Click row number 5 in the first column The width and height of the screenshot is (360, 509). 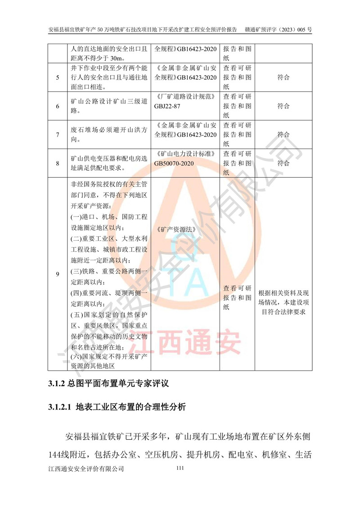pyautogui.click(x=58, y=77)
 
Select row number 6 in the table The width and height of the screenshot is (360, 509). pyautogui.click(x=58, y=106)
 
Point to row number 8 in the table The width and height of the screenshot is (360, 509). pyautogui.click(x=58, y=163)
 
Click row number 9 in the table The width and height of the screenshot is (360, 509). pyautogui.click(x=58, y=274)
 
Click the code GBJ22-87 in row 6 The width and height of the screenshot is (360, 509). pyautogui.click(x=171, y=106)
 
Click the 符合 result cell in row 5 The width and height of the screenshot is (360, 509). pyautogui.click(x=283, y=77)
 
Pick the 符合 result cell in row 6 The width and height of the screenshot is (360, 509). pyautogui.click(x=283, y=106)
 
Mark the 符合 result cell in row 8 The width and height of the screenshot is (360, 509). pyautogui.click(x=283, y=163)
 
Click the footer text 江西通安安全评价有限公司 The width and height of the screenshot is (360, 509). pyautogui.click(x=85, y=469)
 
